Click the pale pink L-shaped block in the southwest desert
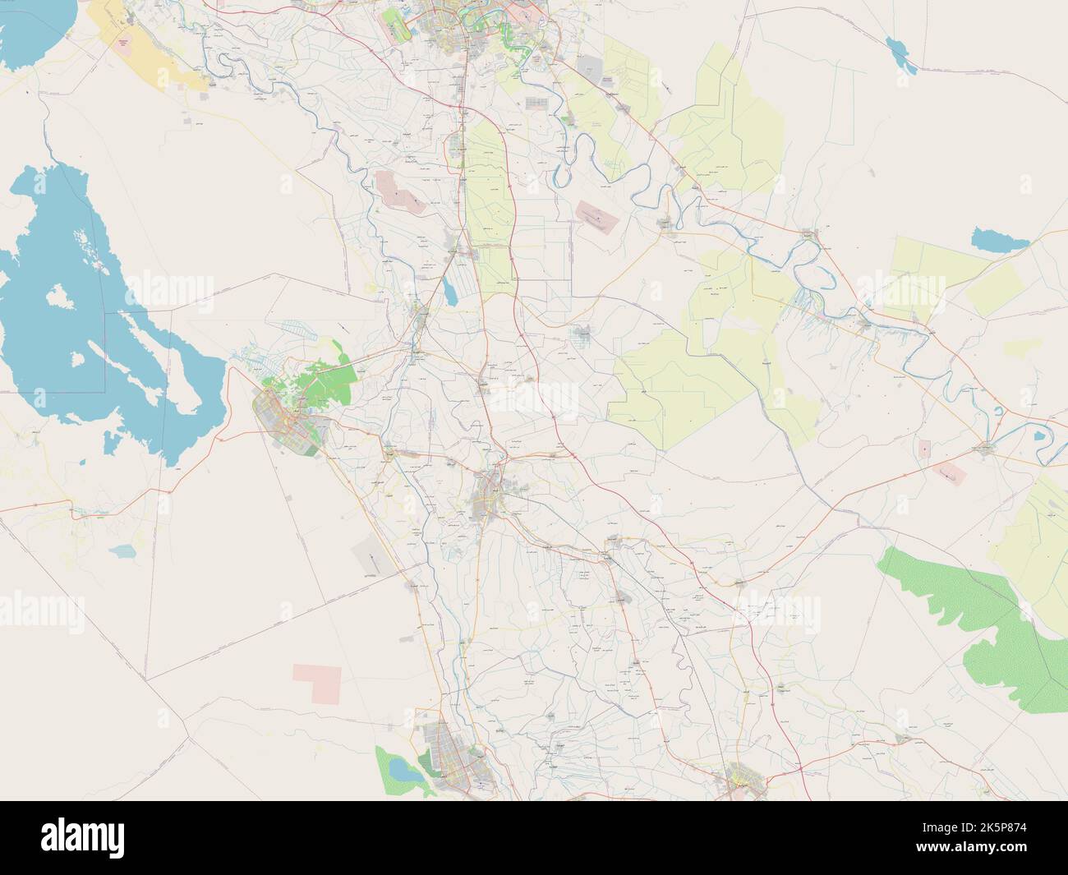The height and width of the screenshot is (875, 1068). [316, 682]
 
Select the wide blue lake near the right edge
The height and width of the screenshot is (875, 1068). [995, 241]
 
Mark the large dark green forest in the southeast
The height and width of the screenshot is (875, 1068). [978, 624]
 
